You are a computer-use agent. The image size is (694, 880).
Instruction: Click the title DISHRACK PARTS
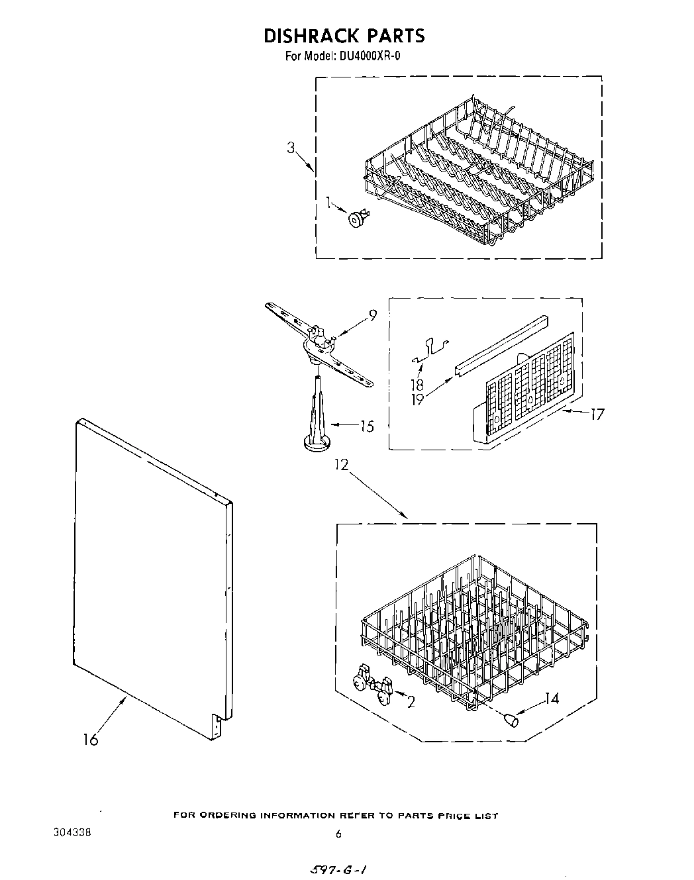pos(344,35)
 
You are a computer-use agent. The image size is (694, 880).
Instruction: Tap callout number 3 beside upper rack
pos(291,148)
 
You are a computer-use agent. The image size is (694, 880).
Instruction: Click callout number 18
pos(417,384)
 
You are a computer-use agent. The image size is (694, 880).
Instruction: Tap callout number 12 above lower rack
pos(340,465)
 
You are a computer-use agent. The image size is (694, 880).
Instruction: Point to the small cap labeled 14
pos(511,720)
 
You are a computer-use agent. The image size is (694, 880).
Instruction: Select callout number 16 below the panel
pos(90,740)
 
